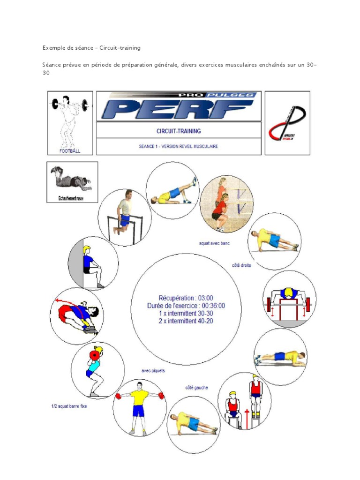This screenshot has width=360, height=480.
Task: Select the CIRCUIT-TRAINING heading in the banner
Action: pos(178,131)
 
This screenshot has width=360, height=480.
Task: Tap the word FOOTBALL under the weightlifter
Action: pos(70,151)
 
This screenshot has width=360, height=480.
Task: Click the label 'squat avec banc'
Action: pos(215,244)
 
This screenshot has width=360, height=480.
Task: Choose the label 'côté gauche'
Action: pos(196,388)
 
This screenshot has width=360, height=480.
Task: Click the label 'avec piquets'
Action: pos(153,371)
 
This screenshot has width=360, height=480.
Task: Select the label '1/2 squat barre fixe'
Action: pos(69,406)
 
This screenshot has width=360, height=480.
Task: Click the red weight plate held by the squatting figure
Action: pos(96,355)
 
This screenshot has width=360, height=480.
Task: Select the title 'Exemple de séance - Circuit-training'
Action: pos(91,48)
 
